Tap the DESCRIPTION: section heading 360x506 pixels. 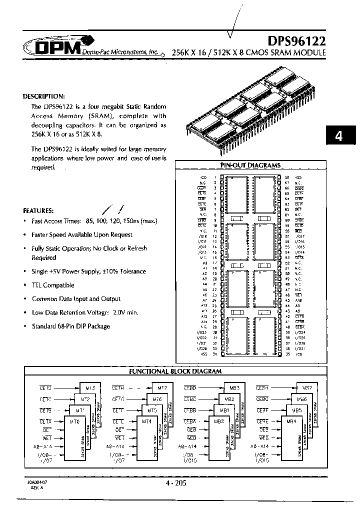[x=44, y=96]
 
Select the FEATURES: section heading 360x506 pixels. [x=38, y=211]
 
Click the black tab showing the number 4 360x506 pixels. [x=338, y=136]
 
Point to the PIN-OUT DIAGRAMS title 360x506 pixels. [x=250, y=165]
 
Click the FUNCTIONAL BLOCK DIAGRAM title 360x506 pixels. [x=175, y=371]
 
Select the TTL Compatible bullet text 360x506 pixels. [x=52, y=285]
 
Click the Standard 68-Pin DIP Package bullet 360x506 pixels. [x=70, y=326]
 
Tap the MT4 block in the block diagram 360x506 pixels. [x=147, y=421]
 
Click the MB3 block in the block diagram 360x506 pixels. [x=234, y=388]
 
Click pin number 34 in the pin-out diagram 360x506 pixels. [x=215, y=354]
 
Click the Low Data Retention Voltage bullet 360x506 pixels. [x=70, y=312]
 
